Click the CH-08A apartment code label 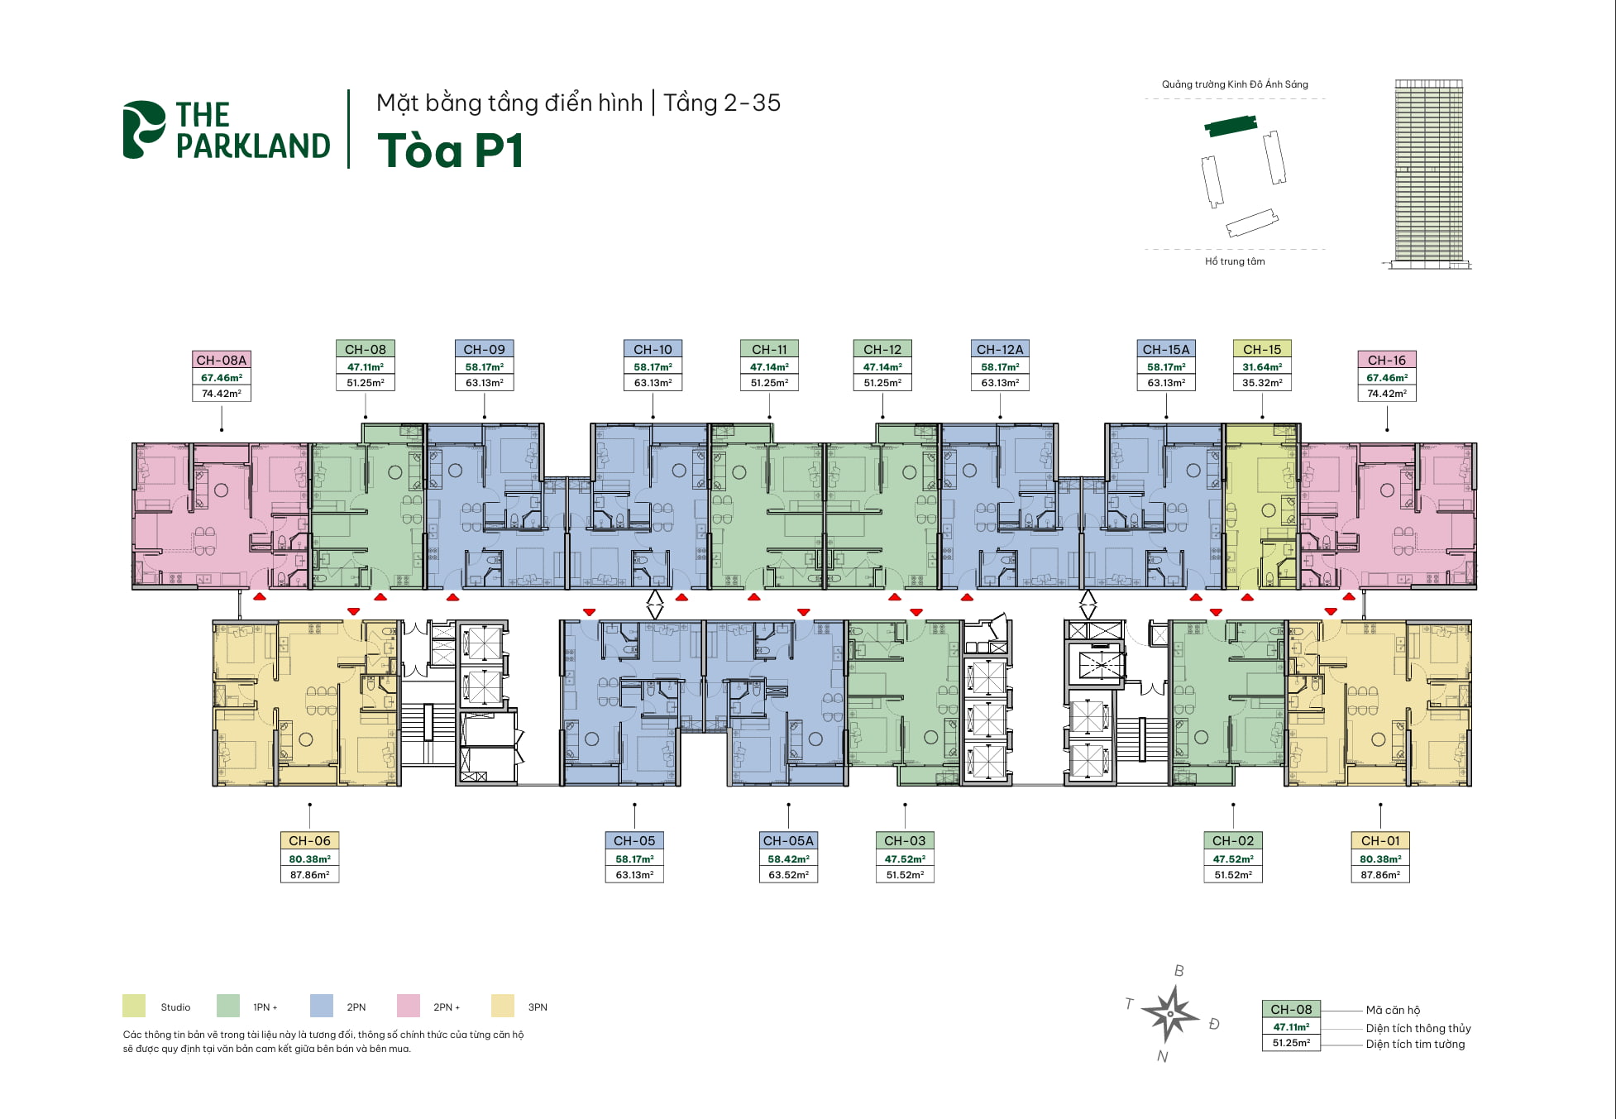click(221, 361)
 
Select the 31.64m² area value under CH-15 click(1261, 367)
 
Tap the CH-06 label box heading click(309, 841)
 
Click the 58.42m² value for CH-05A click(788, 859)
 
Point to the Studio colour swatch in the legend click(134, 1006)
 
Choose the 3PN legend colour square click(502, 1006)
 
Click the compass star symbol click(1170, 1014)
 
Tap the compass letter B click(1179, 971)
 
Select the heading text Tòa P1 click(451, 151)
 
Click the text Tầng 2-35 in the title click(721, 103)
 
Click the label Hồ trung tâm click(1235, 261)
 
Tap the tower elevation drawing click(1428, 173)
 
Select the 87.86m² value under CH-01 click(1379, 875)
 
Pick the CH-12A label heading click(999, 350)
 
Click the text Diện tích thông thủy click(1418, 1028)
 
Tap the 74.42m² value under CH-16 click(1386, 394)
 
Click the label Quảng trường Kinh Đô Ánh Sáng click(1235, 84)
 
